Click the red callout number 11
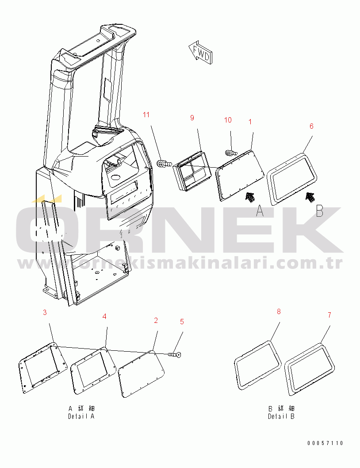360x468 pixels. tap(146, 115)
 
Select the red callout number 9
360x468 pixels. tap(192, 118)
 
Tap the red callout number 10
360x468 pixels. tap(228, 120)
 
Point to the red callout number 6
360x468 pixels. tap(311, 126)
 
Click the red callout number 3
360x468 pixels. tap(45, 312)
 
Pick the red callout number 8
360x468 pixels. tap(279, 311)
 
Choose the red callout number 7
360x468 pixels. tap(329, 315)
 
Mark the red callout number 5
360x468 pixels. tap(182, 322)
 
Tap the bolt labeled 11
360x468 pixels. tap(164, 164)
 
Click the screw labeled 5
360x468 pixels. tap(175, 354)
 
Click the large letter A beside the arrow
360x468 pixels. tap(260, 211)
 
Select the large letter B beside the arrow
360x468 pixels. tap(320, 211)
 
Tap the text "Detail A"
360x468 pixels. tap(81, 416)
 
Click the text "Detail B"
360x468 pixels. tap(281, 416)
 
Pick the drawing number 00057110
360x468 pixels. tap(326, 443)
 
